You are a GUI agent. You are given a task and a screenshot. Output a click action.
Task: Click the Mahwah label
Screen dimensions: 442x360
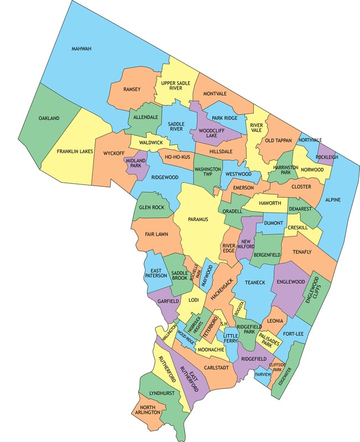point(81,49)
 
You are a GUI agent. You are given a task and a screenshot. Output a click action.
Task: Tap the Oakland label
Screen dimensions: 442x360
point(49,118)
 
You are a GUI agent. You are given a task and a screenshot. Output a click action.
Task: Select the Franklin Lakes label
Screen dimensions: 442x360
point(76,150)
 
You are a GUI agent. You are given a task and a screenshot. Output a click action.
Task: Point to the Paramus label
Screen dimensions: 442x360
point(197,219)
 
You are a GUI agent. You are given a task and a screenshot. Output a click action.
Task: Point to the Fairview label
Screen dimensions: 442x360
point(263,374)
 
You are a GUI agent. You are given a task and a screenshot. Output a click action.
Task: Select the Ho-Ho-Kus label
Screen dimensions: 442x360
point(177,157)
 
